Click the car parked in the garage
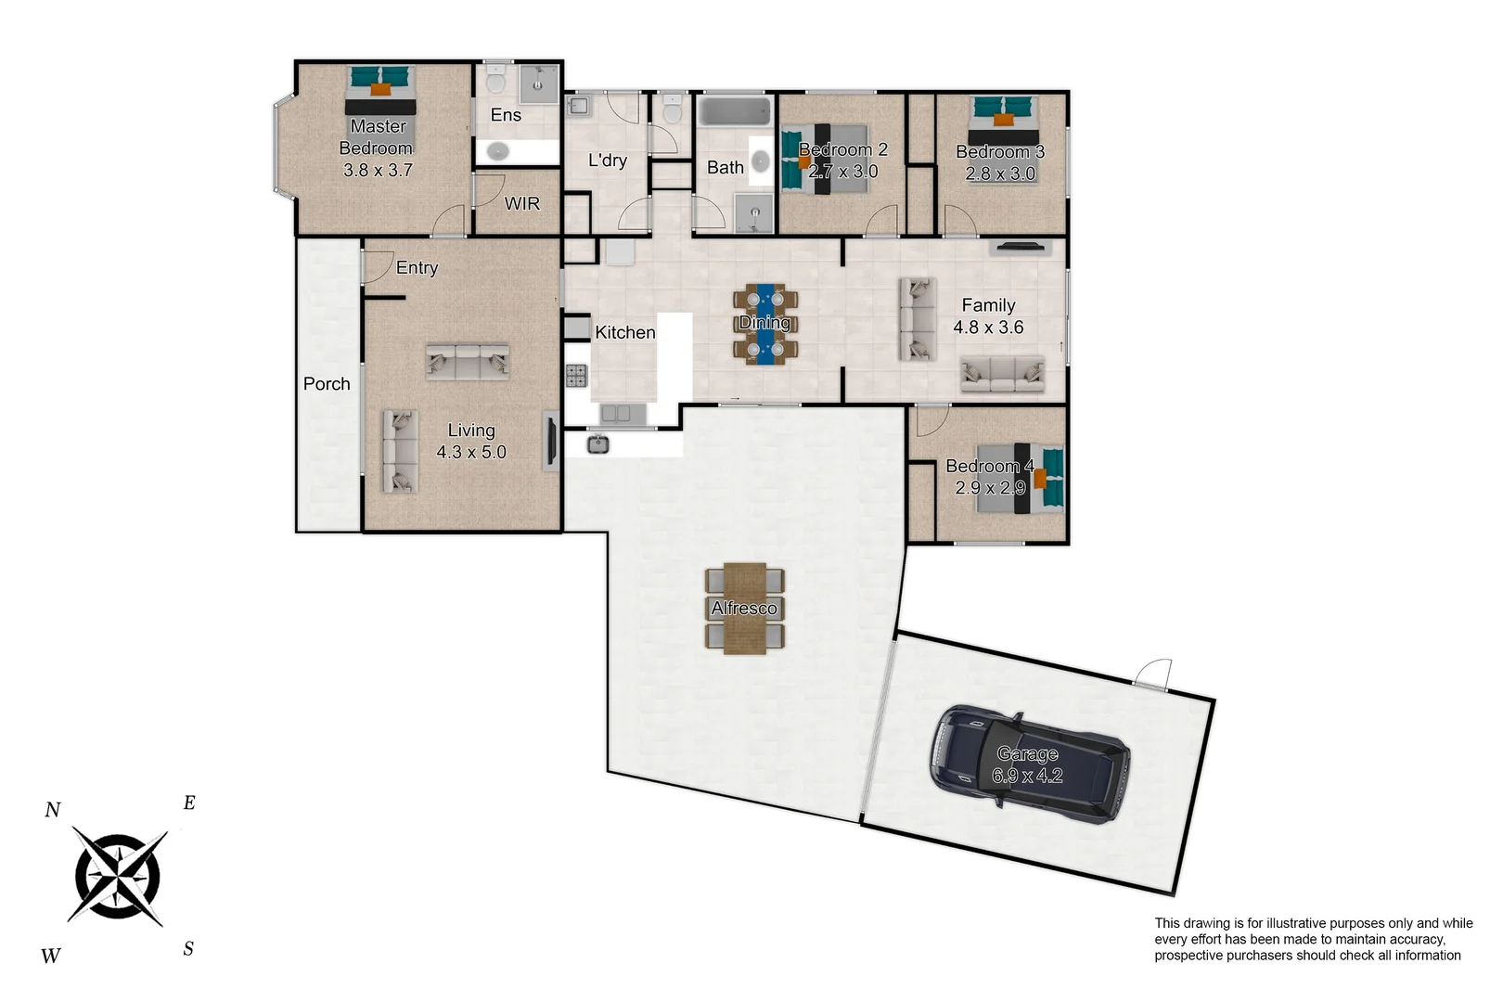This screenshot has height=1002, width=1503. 1030,765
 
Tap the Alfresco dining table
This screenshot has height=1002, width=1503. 745,609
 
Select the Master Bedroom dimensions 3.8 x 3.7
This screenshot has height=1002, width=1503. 378,171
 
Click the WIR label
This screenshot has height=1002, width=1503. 521,203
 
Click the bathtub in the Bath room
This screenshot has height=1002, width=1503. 735,111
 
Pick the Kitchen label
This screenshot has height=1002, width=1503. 624,332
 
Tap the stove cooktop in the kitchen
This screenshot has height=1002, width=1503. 576,376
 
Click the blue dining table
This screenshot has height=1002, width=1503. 765,323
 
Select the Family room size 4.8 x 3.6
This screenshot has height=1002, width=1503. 988,328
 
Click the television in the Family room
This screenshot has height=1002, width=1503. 1020,247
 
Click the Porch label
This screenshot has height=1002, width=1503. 327,383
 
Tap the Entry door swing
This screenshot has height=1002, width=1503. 376,266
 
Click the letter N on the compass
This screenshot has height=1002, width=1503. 53,810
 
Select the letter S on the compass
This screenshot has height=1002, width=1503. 188,949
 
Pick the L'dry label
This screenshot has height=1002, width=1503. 608,161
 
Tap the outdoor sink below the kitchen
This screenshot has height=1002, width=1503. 598,444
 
